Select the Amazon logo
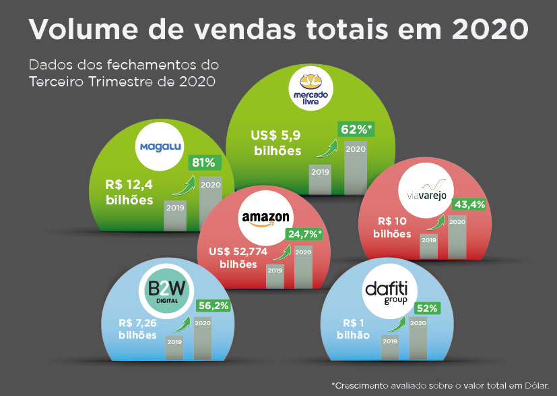(x=265, y=219)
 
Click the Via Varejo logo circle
(x=422, y=192)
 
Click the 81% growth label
(x=203, y=163)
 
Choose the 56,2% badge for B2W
(x=213, y=306)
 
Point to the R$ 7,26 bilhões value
(x=139, y=329)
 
